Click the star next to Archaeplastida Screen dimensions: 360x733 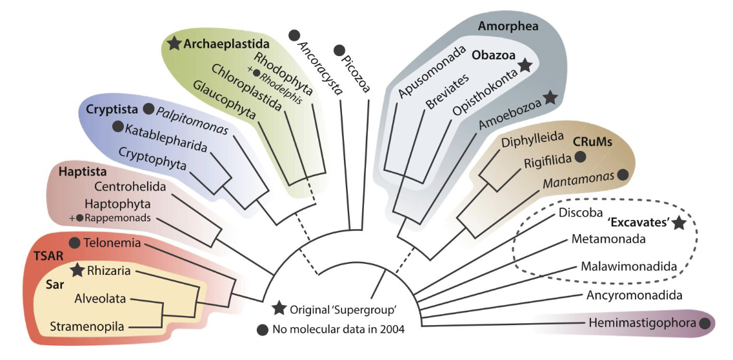pos(173,44)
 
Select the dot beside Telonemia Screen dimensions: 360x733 pos(74,243)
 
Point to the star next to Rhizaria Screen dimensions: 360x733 pos(77,271)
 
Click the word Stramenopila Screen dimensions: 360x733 pos(87,327)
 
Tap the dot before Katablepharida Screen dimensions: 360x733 pos(117,126)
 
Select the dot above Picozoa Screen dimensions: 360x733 pos(338,50)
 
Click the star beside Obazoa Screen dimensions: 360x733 pos(525,65)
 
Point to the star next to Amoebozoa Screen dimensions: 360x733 pos(550,97)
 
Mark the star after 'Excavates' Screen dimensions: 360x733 pos(678,223)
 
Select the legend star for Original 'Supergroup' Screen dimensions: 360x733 pos(279,308)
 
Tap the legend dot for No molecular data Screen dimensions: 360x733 pos(262,330)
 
